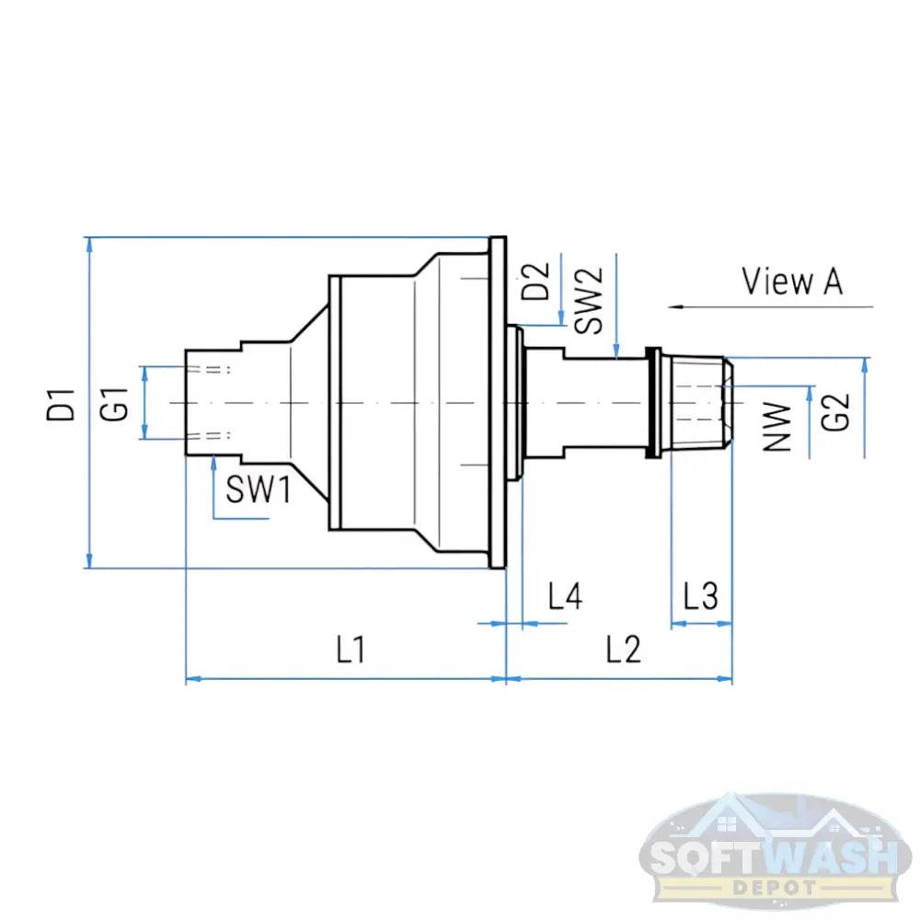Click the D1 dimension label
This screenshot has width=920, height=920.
click(x=62, y=405)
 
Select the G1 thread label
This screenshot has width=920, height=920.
click(x=115, y=405)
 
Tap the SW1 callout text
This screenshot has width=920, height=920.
click(x=259, y=492)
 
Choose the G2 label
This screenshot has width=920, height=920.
click(x=834, y=409)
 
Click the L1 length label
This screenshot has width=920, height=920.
click(x=350, y=650)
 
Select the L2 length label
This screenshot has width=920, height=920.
click(x=623, y=650)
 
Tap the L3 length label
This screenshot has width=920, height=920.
click(x=701, y=597)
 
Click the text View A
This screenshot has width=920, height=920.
click(x=792, y=282)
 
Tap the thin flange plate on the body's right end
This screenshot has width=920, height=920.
click(x=498, y=402)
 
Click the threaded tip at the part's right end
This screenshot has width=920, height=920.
click(x=704, y=402)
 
